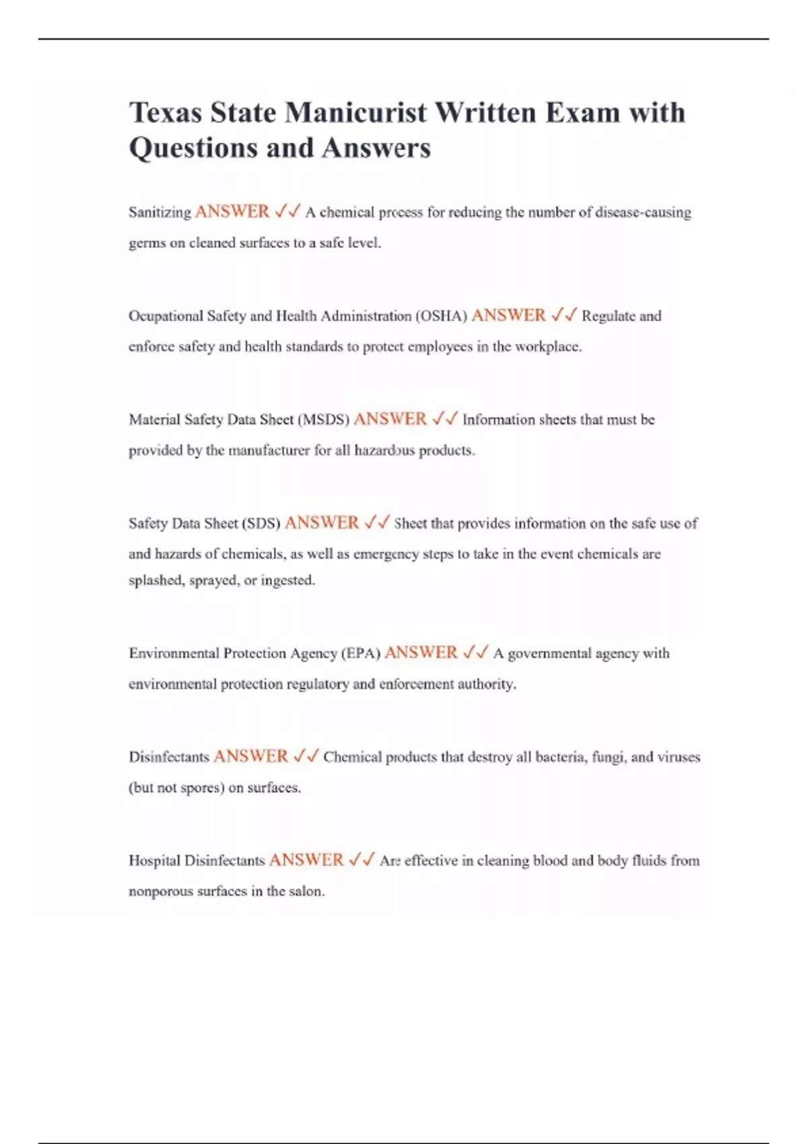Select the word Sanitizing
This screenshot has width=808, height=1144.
pyautogui.click(x=160, y=212)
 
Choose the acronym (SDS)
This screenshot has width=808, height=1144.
pyautogui.click(x=261, y=523)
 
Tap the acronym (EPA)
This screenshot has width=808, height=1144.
pyautogui.click(x=361, y=653)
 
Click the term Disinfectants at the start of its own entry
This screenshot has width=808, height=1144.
pyautogui.click(x=169, y=756)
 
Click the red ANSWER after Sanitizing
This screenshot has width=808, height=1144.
pyautogui.click(x=232, y=212)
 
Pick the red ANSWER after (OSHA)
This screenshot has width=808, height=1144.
pyautogui.click(x=508, y=316)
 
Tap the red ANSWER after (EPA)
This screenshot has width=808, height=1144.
pyautogui.click(x=421, y=653)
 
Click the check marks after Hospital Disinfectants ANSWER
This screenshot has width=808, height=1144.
pyautogui.click(x=362, y=860)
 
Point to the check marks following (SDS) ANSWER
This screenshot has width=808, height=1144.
pyautogui.click(x=376, y=523)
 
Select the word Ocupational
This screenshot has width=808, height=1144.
pyautogui.click(x=166, y=316)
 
